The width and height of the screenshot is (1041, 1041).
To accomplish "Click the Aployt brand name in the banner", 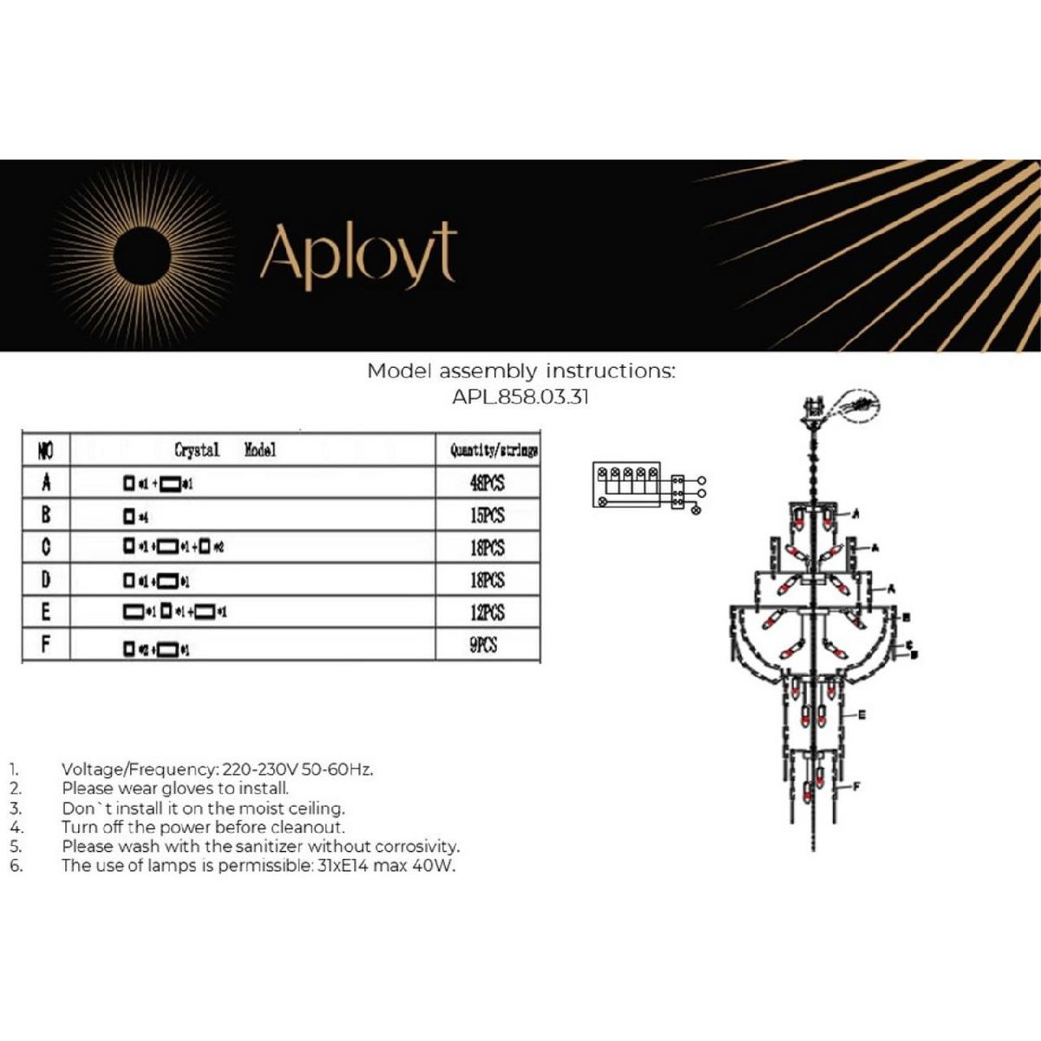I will point(357,253).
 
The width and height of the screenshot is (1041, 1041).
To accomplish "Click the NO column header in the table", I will point(46,450).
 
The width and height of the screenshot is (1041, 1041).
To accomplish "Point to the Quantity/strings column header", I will point(493,450).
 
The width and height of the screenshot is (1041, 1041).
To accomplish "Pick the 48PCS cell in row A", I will point(487,483).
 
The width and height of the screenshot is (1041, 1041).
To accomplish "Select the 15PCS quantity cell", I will point(487,515).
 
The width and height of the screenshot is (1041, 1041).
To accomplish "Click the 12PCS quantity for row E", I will point(487,612).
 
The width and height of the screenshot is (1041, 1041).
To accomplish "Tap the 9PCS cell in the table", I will point(484,645).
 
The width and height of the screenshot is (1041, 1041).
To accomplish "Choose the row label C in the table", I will point(46,547).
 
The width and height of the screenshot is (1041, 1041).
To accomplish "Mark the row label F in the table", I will point(46,645).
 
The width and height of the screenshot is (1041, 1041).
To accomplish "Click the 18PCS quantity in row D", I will point(487,580).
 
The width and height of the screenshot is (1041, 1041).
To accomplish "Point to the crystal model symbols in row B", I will point(135,516).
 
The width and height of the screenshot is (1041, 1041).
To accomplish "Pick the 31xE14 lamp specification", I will point(341,865).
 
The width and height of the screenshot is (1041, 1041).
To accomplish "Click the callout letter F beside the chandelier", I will point(856,787).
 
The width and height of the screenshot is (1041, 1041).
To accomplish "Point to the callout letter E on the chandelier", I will point(861,716).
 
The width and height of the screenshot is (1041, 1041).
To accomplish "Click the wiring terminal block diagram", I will point(647,485).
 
